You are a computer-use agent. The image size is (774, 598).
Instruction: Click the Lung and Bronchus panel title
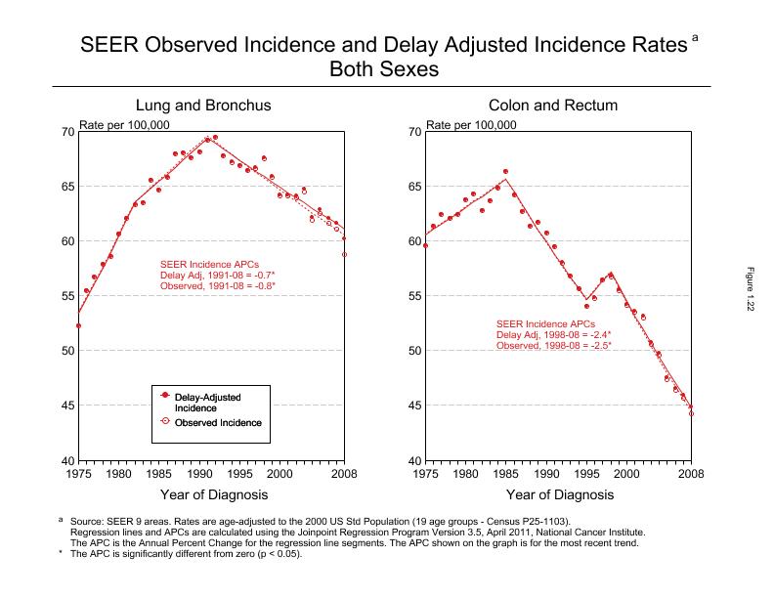point(203,106)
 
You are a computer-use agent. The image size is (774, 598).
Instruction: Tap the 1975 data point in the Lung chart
point(78,325)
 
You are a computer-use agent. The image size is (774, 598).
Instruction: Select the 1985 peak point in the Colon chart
point(505,172)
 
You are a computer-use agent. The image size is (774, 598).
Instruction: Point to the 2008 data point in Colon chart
point(691,412)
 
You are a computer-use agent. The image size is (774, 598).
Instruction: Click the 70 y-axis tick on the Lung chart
point(67,132)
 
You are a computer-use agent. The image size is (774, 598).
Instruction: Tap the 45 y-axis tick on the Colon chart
point(414,406)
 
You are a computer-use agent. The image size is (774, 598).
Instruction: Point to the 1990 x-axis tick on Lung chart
point(198,473)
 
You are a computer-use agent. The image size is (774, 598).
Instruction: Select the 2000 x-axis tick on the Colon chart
point(625,473)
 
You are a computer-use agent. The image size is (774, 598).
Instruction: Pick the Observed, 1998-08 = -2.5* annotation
point(553,346)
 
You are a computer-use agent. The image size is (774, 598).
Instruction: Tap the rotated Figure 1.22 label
point(752,293)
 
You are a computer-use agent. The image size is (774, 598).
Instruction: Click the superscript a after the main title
point(695,37)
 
